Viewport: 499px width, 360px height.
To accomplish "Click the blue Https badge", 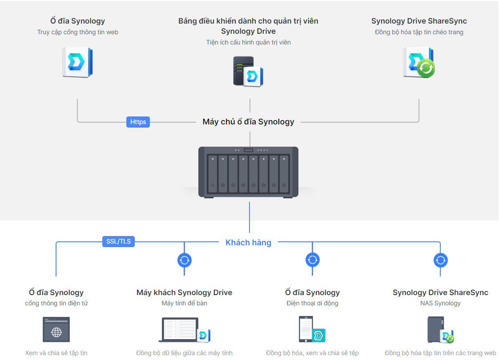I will point(138,122).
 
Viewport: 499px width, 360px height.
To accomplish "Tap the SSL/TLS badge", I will point(118,241).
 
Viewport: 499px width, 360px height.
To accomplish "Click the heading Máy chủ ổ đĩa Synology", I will point(248,122).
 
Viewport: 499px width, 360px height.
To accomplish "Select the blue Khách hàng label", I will point(248,243).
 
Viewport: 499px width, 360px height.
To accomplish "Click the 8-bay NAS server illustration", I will point(248,172).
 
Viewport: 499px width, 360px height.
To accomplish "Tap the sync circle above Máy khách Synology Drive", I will point(185,260).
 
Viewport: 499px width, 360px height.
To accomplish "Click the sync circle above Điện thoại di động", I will point(313,260).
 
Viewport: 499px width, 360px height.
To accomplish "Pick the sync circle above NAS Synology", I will point(440,260).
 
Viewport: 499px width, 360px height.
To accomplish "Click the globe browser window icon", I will point(56,330).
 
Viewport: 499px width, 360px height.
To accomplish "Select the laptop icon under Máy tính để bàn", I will point(180,329).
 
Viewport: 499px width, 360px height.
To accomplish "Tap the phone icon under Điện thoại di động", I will point(306,329).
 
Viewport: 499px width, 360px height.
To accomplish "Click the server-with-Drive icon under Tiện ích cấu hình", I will point(247,72).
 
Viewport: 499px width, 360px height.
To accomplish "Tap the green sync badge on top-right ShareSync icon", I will point(426,68).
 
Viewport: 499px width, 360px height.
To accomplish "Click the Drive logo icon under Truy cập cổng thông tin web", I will point(77,63).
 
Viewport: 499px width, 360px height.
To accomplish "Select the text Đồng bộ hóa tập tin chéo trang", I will point(419,32).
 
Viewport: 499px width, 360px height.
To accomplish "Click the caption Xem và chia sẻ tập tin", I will point(56,353).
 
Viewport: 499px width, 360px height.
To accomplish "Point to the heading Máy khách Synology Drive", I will point(184,292).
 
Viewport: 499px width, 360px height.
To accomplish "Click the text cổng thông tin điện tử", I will point(56,303).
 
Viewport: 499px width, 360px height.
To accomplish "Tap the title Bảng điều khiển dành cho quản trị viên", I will point(248,21).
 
